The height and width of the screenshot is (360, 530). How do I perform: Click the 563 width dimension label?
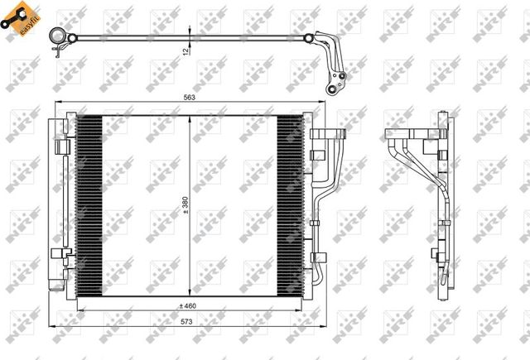click(x=190, y=98)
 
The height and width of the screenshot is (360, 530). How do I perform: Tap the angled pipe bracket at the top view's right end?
click(x=335, y=66)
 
